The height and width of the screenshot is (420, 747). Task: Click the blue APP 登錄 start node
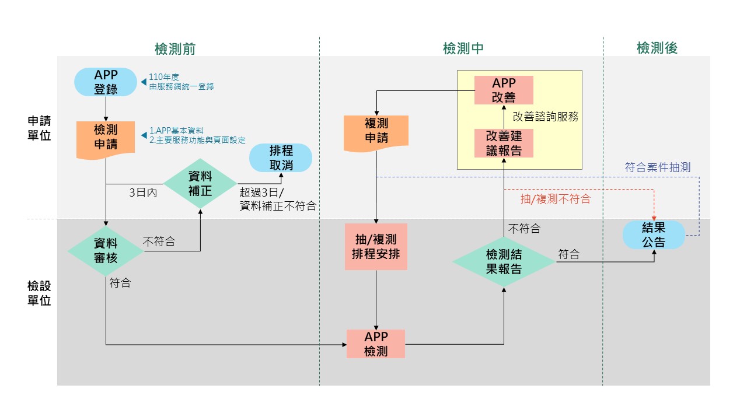click(106, 82)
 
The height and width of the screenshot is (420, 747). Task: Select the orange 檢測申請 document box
click(106, 138)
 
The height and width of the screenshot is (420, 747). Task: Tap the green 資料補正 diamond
click(200, 183)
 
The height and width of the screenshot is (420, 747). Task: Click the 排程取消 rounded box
click(281, 158)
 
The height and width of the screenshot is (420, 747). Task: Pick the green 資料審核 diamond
click(106, 251)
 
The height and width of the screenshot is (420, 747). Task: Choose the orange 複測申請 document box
click(376, 131)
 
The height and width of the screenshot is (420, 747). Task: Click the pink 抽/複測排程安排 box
click(376, 247)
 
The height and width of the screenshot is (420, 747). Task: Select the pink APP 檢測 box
click(376, 344)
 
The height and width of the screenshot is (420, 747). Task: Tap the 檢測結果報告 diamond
click(504, 262)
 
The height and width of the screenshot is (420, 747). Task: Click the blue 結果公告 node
click(654, 235)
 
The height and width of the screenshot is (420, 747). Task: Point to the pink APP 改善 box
click(504, 90)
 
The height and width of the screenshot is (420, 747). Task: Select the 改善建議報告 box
click(504, 143)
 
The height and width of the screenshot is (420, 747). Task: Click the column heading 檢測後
click(657, 48)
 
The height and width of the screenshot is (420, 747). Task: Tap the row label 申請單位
click(40, 128)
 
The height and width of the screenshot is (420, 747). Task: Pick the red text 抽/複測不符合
click(555, 199)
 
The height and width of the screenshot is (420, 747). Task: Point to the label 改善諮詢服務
click(546, 116)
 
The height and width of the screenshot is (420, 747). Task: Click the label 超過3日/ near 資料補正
click(261, 192)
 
